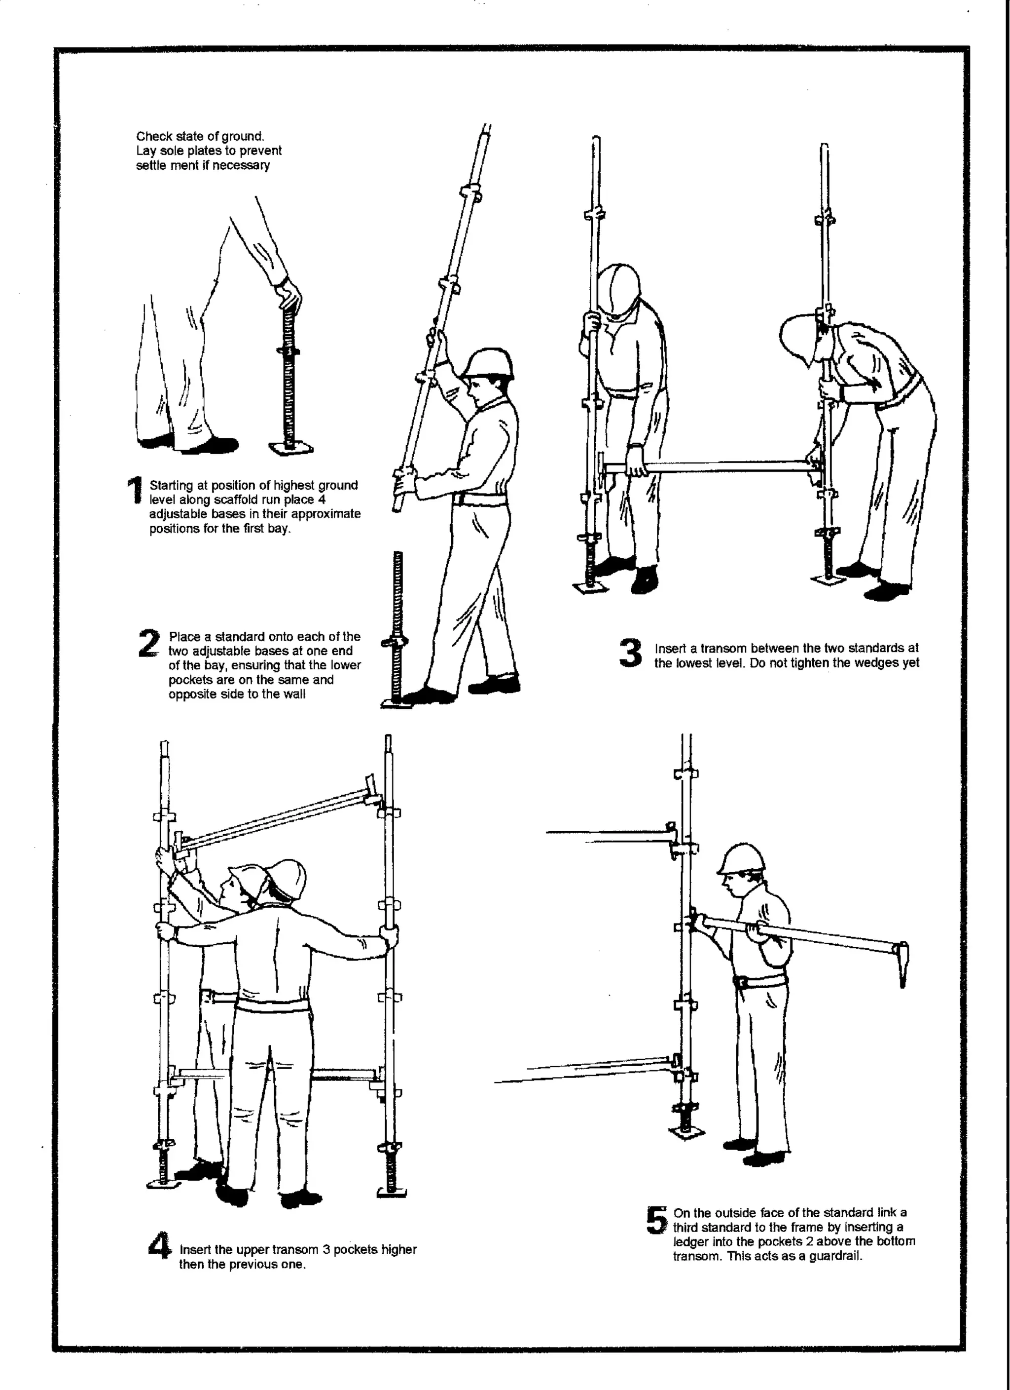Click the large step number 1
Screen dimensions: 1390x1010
[135, 492]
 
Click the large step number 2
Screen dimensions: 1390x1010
[149, 644]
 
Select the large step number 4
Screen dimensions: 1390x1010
[160, 1246]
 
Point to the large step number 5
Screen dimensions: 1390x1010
[656, 1220]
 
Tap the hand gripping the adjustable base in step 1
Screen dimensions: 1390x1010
[289, 296]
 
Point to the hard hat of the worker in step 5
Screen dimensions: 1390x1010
[742, 859]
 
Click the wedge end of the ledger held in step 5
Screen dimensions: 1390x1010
[902, 964]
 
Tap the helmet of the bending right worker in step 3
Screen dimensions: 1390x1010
[802, 335]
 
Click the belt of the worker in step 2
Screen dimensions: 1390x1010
[481, 500]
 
